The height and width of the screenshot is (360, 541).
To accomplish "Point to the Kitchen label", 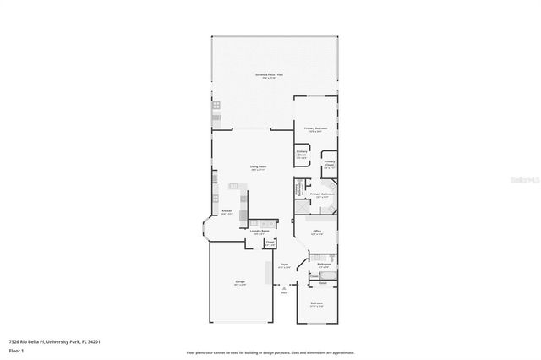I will tap(227, 212).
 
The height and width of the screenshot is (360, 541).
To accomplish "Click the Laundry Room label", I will tap(260, 232).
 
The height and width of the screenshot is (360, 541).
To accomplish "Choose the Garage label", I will tap(240, 283).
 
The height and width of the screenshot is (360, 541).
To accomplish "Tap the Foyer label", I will tap(285, 265).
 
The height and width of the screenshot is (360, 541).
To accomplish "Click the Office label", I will tap(317, 231).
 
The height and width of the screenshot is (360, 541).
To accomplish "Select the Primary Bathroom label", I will tap(322, 194).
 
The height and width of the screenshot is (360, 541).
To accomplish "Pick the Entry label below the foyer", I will tap(284, 293).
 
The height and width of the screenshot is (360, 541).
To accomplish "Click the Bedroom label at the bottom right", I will tap(316, 303).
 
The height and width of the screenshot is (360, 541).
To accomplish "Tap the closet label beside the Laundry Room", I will tap(270, 243).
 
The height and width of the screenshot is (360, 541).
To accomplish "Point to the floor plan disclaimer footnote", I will tap(270, 352).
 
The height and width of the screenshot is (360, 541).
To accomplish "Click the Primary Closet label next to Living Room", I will tap(301, 155).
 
